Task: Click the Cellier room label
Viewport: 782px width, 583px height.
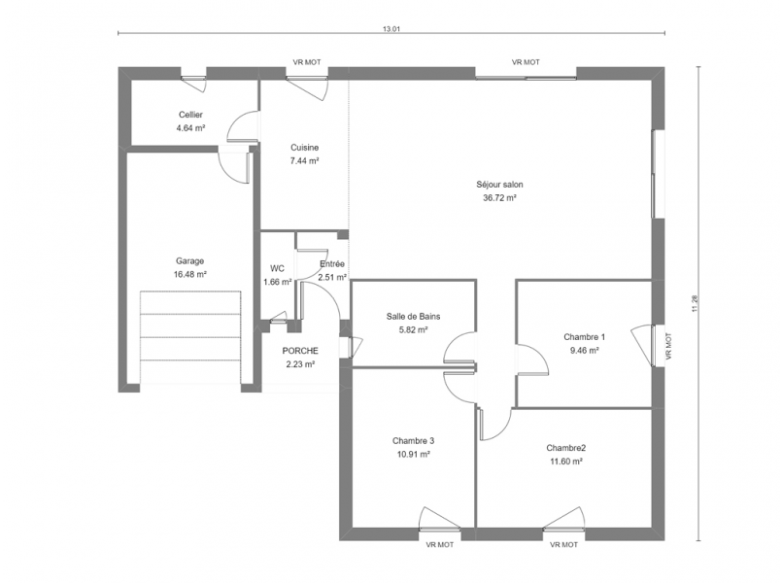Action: pos(190,115)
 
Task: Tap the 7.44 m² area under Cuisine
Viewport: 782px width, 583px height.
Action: pos(304,160)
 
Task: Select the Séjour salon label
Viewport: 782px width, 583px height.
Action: pos(499,185)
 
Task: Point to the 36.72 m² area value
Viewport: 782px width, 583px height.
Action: pos(499,197)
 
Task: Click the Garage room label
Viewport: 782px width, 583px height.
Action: pos(190,260)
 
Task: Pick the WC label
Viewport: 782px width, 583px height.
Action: pos(277,269)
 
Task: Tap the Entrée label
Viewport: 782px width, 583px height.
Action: pos(332,264)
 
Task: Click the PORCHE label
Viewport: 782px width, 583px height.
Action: pos(300,351)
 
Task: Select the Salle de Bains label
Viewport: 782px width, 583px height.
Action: pos(414,316)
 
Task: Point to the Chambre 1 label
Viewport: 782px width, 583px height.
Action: pos(585,337)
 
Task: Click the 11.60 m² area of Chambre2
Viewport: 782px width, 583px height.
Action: pos(566,462)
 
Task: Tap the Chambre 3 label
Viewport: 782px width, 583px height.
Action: pos(414,441)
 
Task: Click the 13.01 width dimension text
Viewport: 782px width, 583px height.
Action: pos(391,29)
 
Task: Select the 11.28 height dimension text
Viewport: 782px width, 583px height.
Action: pos(695,304)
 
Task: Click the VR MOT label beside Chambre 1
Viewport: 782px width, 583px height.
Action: pos(668,346)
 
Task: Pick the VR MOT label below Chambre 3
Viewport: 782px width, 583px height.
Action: pos(440,545)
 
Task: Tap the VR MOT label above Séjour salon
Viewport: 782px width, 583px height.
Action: pos(526,62)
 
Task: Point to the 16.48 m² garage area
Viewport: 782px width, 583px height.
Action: pos(190,274)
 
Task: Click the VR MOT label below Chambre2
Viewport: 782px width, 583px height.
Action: pos(564,545)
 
